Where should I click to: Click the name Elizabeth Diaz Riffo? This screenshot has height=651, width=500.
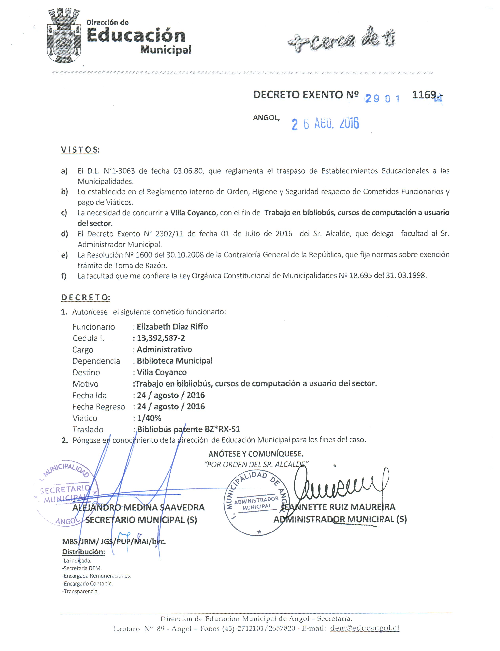point(172,327)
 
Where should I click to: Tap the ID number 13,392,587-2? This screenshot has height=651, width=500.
point(161,338)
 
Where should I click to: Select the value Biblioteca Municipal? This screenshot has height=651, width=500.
point(174,361)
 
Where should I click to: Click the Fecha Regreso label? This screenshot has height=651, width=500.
point(98,407)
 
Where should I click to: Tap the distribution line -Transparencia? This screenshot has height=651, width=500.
point(80,591)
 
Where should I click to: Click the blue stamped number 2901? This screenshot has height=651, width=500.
point(382,99)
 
